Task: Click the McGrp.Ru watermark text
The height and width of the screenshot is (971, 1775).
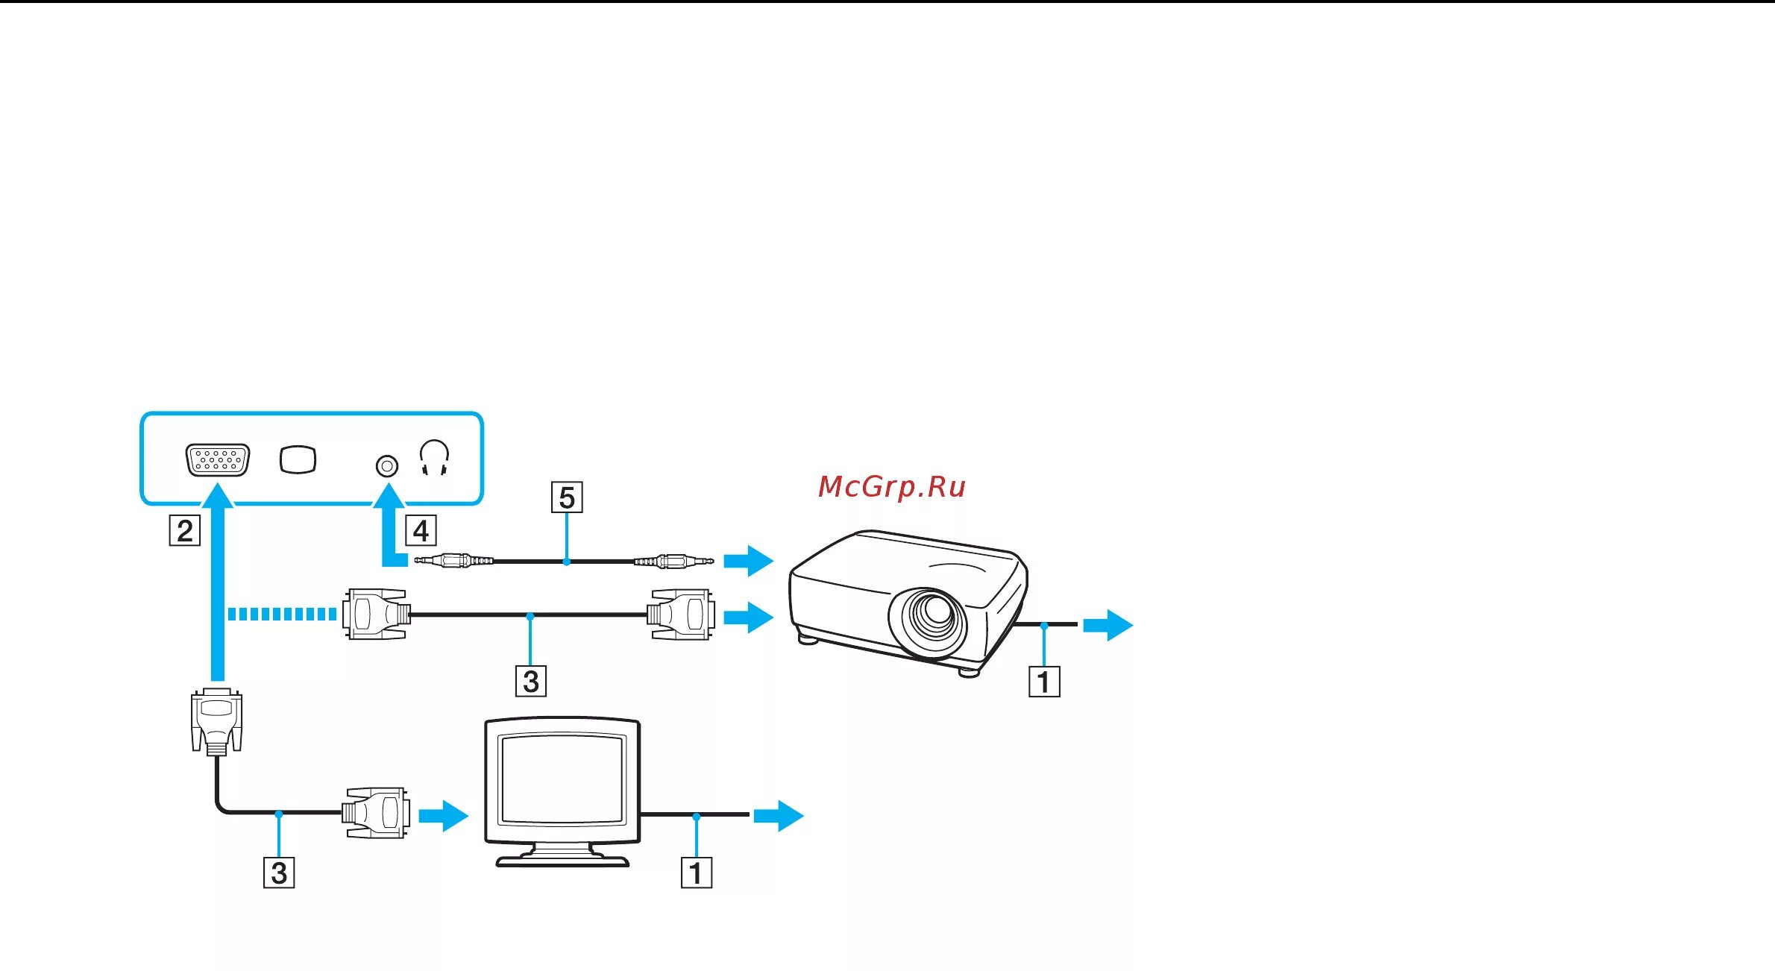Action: pos(891,487)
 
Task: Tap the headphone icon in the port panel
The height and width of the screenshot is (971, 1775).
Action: pos(434,457)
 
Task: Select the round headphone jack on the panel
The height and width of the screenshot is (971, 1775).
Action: pos(386,466)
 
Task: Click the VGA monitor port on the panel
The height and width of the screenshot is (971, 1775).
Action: pos(218,460)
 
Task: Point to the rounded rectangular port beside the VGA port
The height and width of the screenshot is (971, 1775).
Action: pos(298,459)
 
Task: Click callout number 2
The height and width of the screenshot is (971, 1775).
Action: pos(185,531)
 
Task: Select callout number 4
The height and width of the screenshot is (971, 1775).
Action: pos(421,531)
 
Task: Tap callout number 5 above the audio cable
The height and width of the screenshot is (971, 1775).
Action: pos(567,497)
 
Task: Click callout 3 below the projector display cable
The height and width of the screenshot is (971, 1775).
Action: pos(531,681)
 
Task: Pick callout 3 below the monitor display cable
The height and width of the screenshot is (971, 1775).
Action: pos(279,873)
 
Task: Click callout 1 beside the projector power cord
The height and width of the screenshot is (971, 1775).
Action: pos(1044,681)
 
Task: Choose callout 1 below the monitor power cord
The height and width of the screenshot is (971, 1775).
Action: pos(697,873)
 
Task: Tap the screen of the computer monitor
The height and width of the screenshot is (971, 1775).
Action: pos(562,779)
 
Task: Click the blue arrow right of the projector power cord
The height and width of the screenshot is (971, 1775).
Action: pos(1108,625)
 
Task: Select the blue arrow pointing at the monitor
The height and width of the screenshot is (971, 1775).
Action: pos(443,815)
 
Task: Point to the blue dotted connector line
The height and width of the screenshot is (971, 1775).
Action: pos(282,614)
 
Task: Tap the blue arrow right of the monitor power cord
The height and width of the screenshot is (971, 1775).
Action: pos(778,815)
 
